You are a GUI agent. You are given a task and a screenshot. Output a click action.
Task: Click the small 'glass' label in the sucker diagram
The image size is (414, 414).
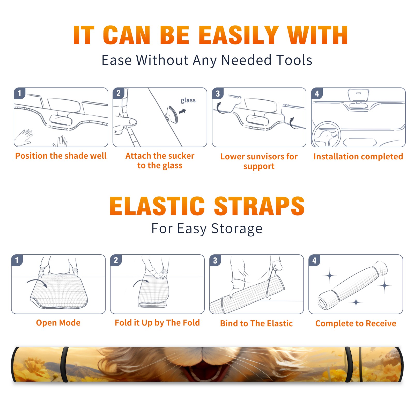coord(188,100)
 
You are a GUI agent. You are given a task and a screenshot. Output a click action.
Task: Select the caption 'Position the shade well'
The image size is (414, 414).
coord(61,156)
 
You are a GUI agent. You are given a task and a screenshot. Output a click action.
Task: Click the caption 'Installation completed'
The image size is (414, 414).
coord(358,156)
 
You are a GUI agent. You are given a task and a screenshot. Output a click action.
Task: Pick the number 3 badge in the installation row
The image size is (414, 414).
coord(218,93)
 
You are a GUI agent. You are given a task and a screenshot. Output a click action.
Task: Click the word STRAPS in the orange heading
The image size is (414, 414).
coord(259,206)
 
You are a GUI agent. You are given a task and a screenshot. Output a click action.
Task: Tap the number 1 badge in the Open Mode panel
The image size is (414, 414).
coord(17,260)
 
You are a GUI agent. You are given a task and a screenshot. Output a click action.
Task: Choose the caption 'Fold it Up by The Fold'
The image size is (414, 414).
coord(157,323)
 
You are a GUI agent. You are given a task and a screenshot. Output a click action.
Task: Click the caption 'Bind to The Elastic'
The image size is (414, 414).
coord(256,323)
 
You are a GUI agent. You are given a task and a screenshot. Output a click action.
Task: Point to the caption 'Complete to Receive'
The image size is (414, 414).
coord(356,323)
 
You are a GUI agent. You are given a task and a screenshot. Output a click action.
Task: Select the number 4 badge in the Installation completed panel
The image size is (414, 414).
coord(317,93)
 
